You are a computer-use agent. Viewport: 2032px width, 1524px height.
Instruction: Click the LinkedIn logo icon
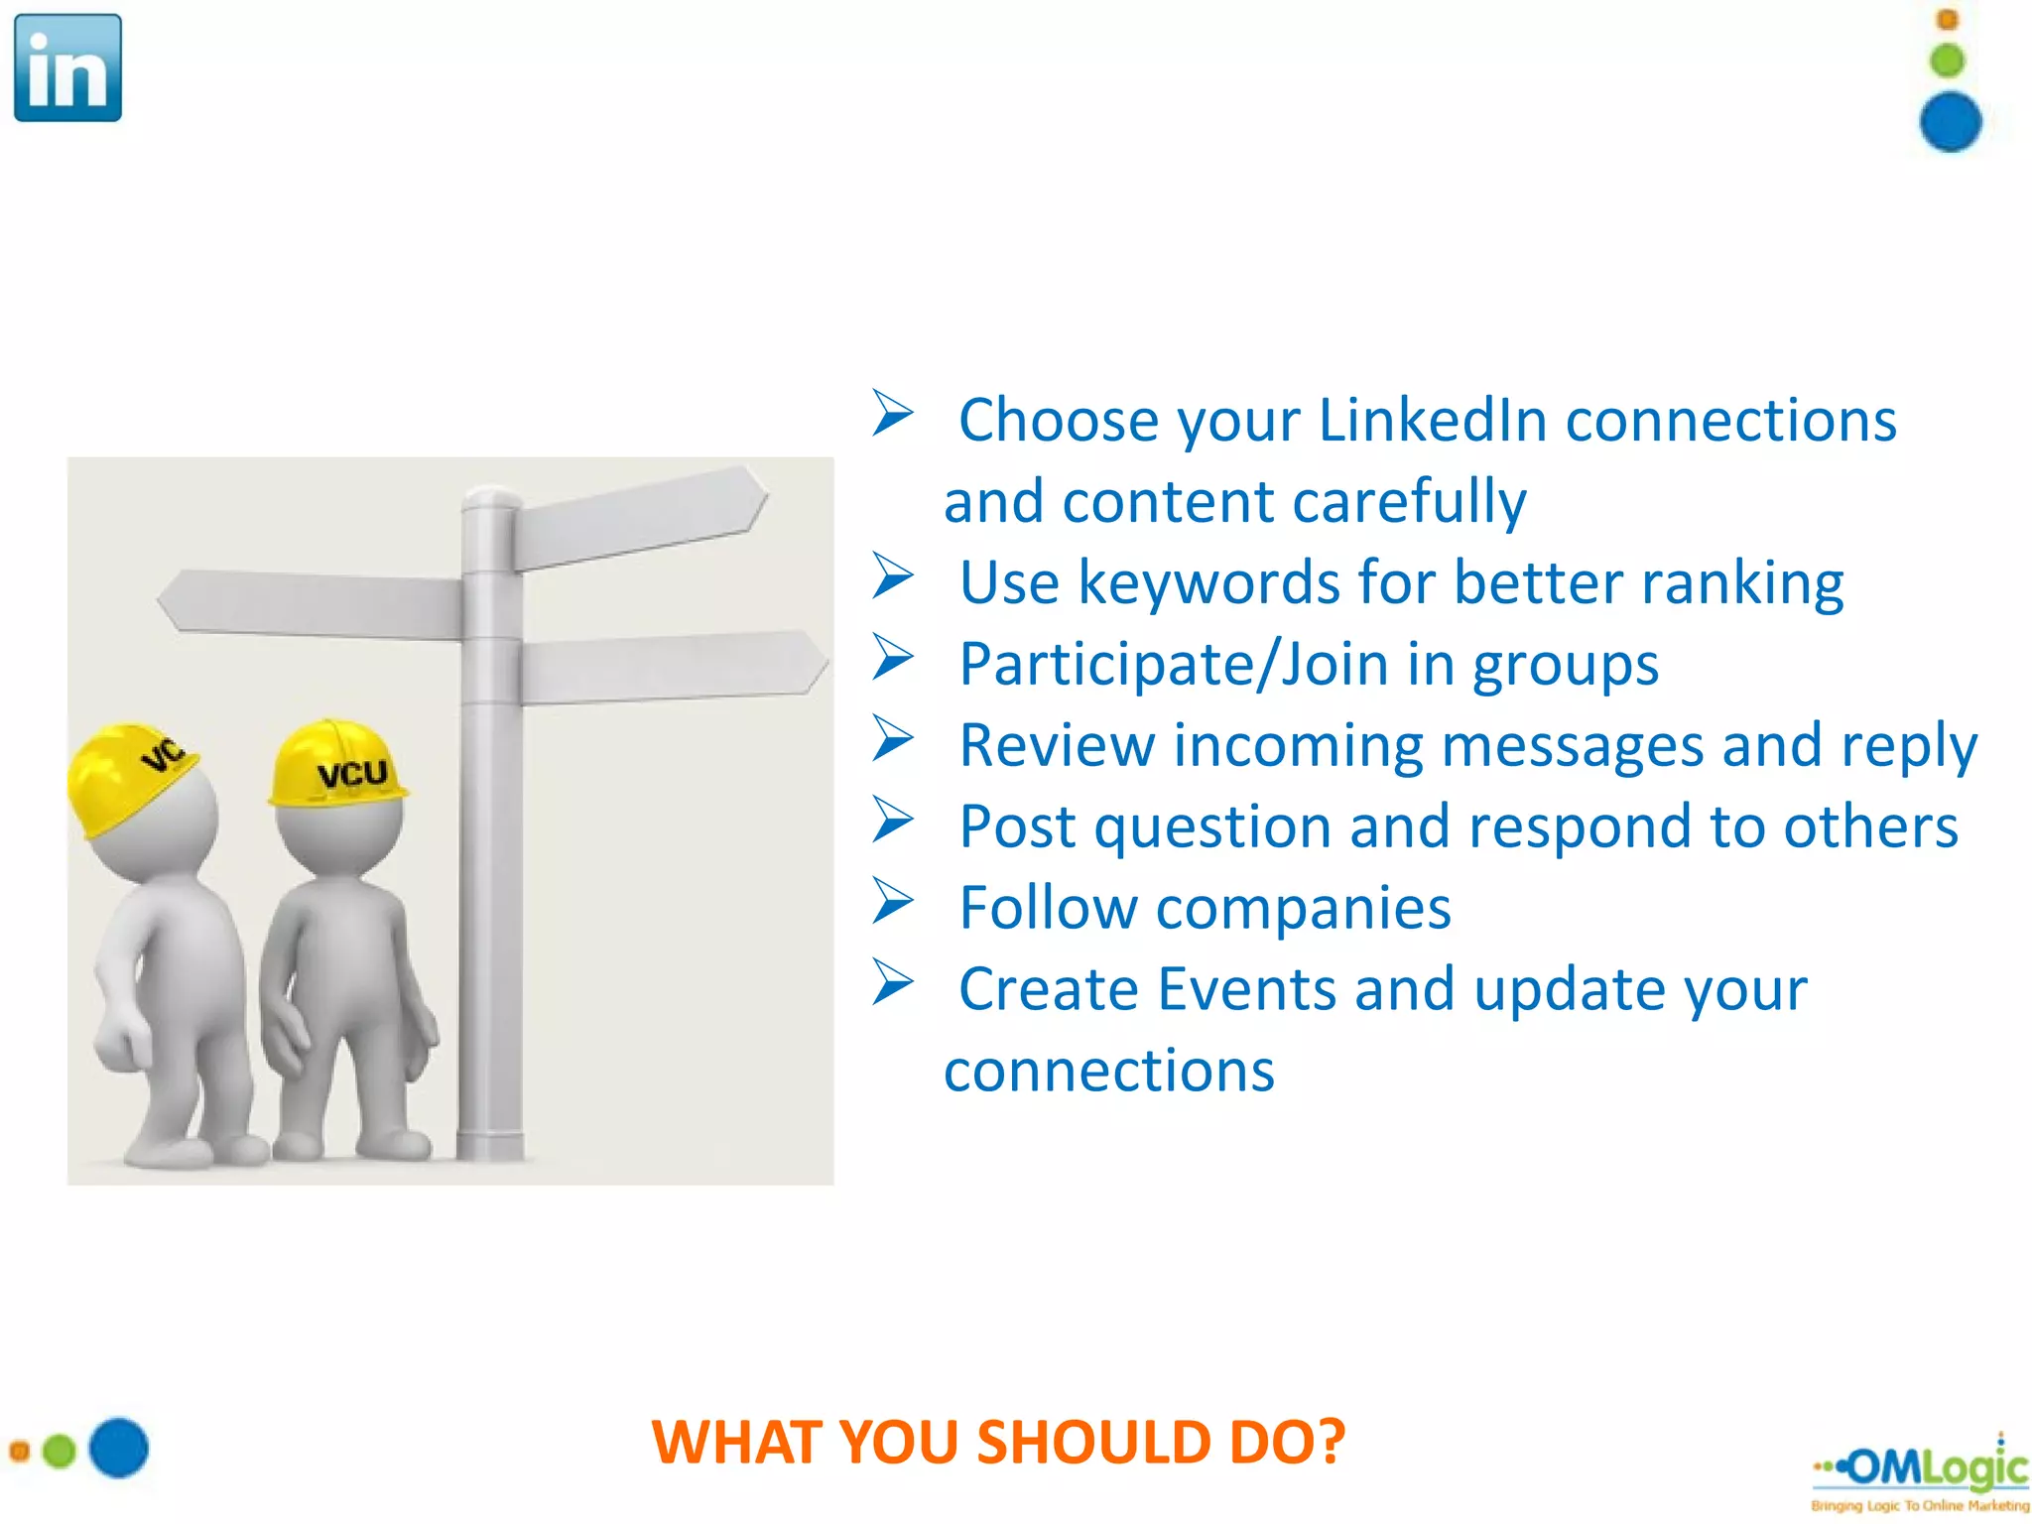tap(67, 67)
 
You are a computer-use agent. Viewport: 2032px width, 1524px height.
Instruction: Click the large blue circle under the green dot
tap(1950, 122)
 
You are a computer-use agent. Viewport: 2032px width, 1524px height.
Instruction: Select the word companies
tap(1303, 908)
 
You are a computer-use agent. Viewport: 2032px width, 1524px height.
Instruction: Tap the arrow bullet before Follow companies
tap(892, 902)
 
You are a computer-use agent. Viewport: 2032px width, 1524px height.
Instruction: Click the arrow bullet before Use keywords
tap(892, 576)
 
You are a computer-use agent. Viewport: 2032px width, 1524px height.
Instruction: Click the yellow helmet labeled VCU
tap(337, 763)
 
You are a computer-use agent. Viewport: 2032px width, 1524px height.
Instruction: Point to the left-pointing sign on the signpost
tap(312, 602)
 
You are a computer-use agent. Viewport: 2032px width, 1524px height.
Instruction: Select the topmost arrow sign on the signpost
tap(639, 516)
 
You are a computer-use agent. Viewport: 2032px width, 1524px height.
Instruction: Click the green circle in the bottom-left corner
tap(60, 1451)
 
